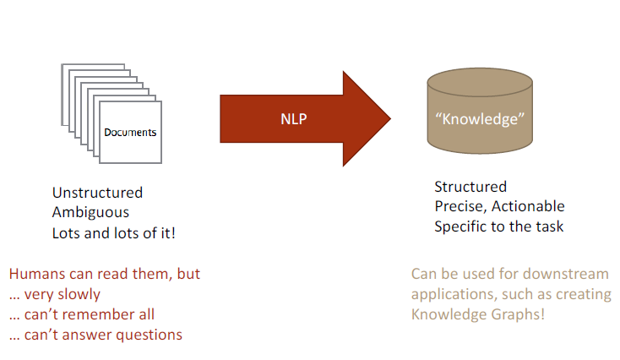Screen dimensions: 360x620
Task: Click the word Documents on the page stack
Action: (x=130, y=133)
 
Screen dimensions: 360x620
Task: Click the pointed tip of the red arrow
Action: (x=388, y=119)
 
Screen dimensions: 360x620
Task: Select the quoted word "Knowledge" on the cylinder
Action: (x=480, y=119)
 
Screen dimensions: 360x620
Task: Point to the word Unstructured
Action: (x=97, y=193)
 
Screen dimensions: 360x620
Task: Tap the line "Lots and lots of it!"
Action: (x=114, y=232)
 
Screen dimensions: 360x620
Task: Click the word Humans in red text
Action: (x=35, y=275)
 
